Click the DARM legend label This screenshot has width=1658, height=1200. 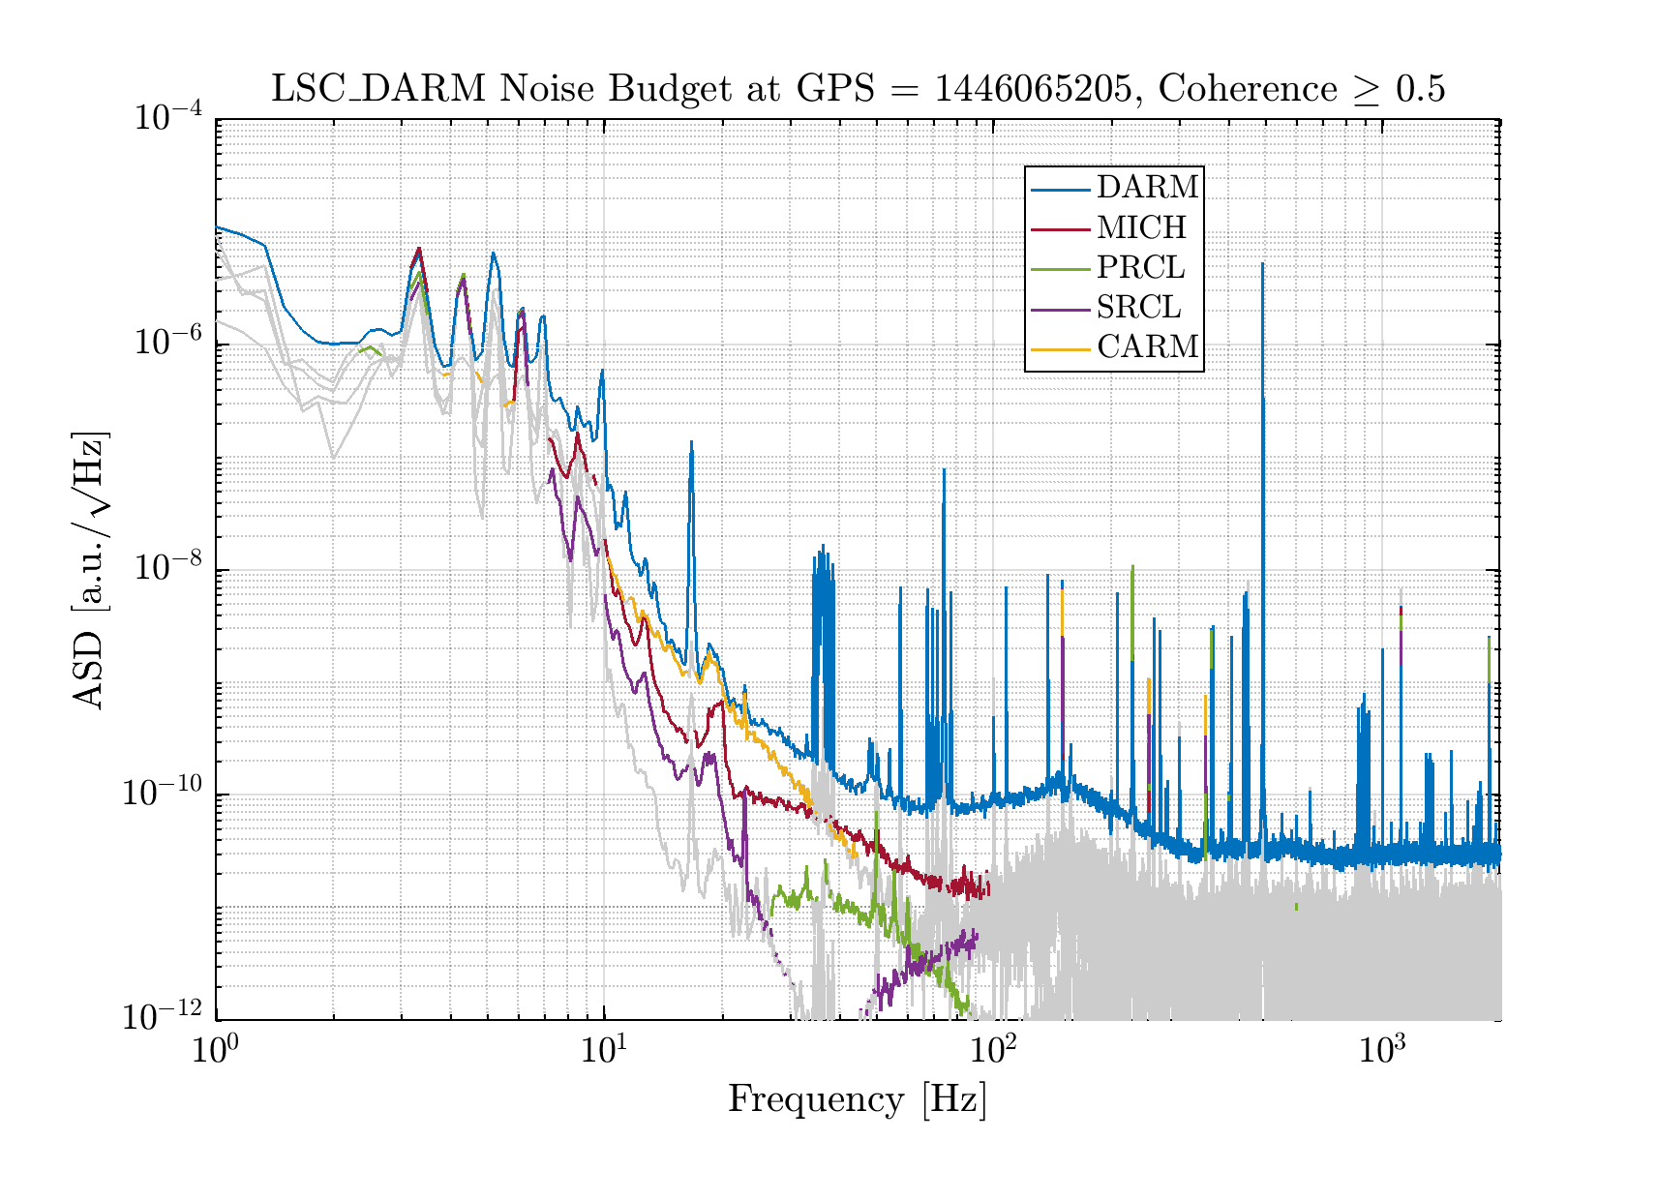pyautogui.click(x=1147, y=187)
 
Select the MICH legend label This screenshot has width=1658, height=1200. pyautogui.click(x=1141, y=227)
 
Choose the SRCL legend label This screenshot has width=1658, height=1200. pyautogui.click(x=1138, y=307)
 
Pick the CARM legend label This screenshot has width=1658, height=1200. pyautogui.click(x=1147, y=346)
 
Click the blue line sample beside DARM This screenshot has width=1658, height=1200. pyautogui.click(x=1062, y=188)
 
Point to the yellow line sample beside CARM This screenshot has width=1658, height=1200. pyautogui.click(x=1062, y=346)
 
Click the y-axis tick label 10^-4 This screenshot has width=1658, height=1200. pyautogui.click(x=167, y=119)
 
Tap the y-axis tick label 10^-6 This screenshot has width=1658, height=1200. pyautogui.click(x=167, y=344)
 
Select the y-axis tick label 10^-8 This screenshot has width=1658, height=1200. pyautogui.click(x=167, y=568)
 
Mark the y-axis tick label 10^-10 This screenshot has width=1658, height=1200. pyautogui.click(x=162, y=793)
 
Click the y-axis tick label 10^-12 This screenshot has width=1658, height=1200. pyautogui.click(x=162, y=1017)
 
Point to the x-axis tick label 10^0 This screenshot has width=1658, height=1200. pyautogui.click(x=215, y=1051)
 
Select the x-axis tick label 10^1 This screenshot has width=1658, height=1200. pyautogui.click(x=603, y=1051)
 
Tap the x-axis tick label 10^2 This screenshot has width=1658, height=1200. pyautogui.click(x=992, y=1051)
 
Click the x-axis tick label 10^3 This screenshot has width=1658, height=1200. pyautogui.click(x=1381, y=1051)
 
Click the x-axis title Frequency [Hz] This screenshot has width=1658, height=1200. pyautogui.click(x=857, y=1100)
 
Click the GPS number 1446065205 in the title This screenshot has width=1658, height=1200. pyautogui.click(x=1035, y=89)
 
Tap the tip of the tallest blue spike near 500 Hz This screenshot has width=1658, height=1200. pyautogui.click(x=1262, y=263)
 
